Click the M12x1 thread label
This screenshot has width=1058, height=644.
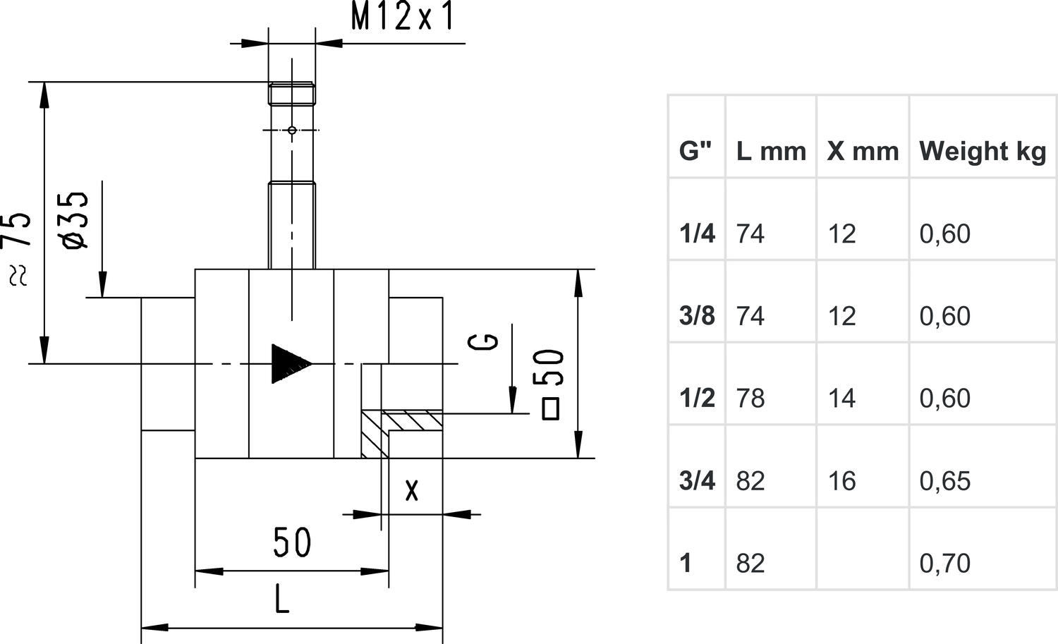click(x=402, y=18)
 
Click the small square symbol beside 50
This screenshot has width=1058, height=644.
click(x=551, y=409)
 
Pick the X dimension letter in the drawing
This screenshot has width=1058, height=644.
click(x=412, y=490)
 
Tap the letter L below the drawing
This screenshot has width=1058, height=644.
click(x=281, y=600)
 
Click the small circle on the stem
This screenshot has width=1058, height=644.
click(x=292, y=130)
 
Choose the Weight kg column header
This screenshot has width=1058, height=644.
click(x=983, y=151)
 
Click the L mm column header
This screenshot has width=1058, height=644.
click(x=771, y=151)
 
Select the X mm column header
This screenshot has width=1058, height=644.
click(x=863, y=151)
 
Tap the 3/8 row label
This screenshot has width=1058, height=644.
click(x=697, y=316)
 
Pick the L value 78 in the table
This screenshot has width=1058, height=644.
click(x=750, y=399)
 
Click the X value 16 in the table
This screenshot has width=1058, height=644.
click(x=842, y=481)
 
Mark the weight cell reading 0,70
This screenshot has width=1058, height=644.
click(x=945, y=564)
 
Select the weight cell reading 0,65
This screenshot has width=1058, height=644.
click(x=945, y=481)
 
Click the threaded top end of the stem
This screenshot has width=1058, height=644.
click(x=291, y=93)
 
